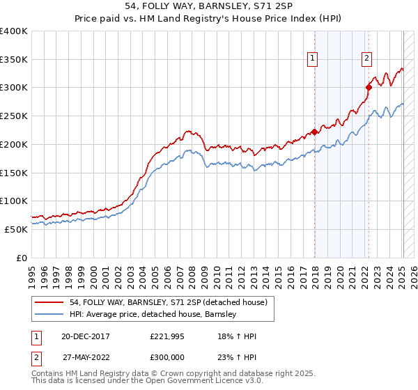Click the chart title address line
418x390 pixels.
[x=208, y=6]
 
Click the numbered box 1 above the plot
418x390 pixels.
[x=313, y=59]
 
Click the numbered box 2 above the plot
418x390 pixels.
[x=366, y=59]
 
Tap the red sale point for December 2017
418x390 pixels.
[x=314, y=132]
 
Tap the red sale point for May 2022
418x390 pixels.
[x=369, y=87]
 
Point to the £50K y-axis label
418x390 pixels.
[x=16, y=229]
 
